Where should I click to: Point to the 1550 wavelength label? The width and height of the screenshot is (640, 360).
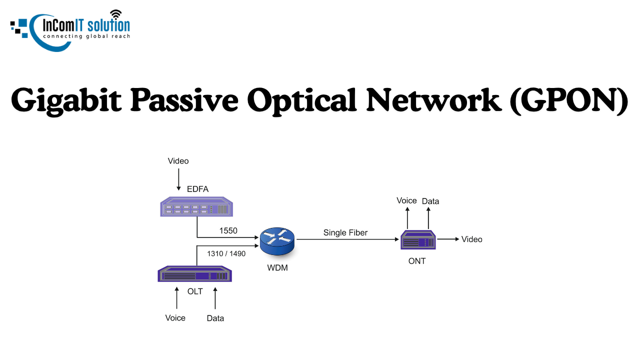coord(228,230)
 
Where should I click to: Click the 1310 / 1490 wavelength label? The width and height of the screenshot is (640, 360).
coord(226,253)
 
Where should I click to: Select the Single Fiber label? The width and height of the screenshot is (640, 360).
coord(345,232)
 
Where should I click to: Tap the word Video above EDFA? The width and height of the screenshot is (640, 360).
coord(178,161)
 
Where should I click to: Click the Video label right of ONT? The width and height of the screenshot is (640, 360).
coord(471,239)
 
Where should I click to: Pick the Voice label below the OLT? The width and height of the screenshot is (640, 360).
coord(175,318)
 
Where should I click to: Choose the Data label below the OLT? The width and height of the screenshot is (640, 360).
coord(215,318)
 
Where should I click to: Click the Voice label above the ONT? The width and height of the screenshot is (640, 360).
coord(406,200)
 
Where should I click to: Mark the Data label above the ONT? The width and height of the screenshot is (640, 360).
coord(430,201)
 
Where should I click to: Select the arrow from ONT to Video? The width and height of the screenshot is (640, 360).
coord(448,239)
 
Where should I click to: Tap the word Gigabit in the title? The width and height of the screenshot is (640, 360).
coord(66,99)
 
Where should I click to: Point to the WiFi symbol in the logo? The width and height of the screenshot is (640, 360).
coord(116,13)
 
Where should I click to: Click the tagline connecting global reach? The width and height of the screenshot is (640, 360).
coord(86,36)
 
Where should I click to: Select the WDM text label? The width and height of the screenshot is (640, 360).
coord(277,268)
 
